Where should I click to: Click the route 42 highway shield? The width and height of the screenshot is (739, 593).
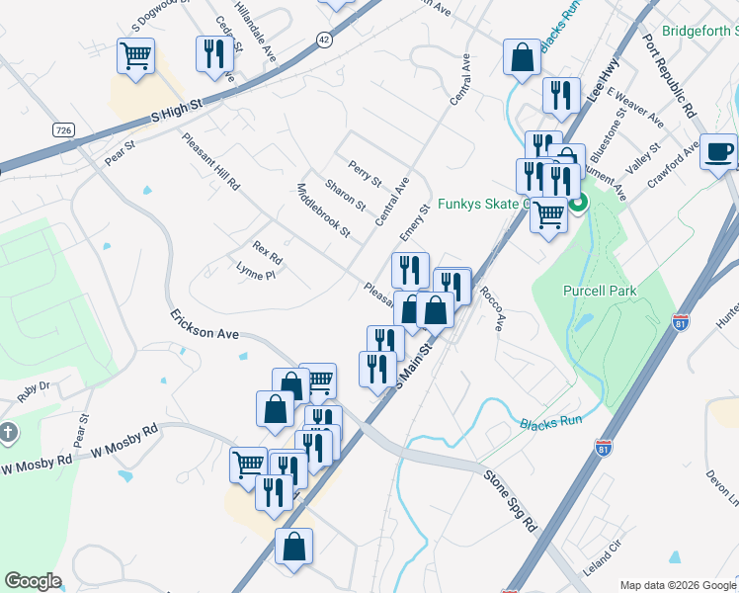coord(324,39)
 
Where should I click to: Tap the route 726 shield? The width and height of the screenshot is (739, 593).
coord(64,130)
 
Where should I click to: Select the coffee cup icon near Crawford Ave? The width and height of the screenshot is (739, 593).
coord(718,153)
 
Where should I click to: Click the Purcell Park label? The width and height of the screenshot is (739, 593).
coord(600,291)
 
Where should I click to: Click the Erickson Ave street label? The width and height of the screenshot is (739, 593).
coord(205,327)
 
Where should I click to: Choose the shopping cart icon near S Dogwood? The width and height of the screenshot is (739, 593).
coord(135,55)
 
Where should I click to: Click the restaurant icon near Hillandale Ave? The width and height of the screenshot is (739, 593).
coord(213,54)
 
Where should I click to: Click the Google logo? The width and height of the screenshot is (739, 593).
coord(33,581)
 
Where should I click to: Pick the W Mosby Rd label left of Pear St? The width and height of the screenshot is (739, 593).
coord(36,461)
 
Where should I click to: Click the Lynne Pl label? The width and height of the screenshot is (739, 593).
coord(255,272)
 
